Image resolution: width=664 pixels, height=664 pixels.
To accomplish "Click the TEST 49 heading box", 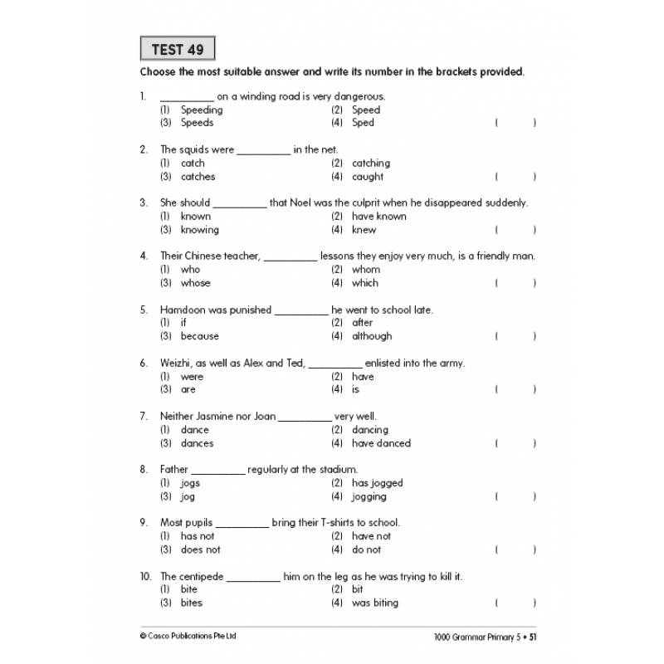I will click(x=178, y=50).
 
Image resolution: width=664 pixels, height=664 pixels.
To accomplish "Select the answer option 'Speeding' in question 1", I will click(x=202, y=110).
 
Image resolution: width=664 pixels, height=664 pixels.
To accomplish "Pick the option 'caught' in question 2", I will click(x=368, y=177).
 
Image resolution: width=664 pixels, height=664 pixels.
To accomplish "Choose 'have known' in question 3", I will click(x=379, y=217).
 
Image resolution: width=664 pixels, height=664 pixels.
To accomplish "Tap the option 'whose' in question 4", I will click(x=196, y=283).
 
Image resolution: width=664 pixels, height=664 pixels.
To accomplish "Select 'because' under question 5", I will click(x=200, y=336).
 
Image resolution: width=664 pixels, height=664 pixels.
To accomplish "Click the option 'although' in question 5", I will click(x=372, y=336).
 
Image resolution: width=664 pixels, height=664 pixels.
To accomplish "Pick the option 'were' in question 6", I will click(x=192, y=377).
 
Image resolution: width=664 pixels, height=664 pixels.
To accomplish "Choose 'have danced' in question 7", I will click(x=381, y=443).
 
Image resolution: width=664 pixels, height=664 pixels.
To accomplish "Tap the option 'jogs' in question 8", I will click(x=190, y=483).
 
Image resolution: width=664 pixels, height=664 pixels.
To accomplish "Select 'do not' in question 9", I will click(x=366, y=549).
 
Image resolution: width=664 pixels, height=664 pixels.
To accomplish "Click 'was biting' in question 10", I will click(x=375, y=603).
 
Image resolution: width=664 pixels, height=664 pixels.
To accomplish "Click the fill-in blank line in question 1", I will click(x=187, y=98).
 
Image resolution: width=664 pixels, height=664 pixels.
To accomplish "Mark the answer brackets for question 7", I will click(x=515, y=443).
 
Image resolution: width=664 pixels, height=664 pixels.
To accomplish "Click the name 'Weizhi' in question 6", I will click(x=175, y=363).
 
